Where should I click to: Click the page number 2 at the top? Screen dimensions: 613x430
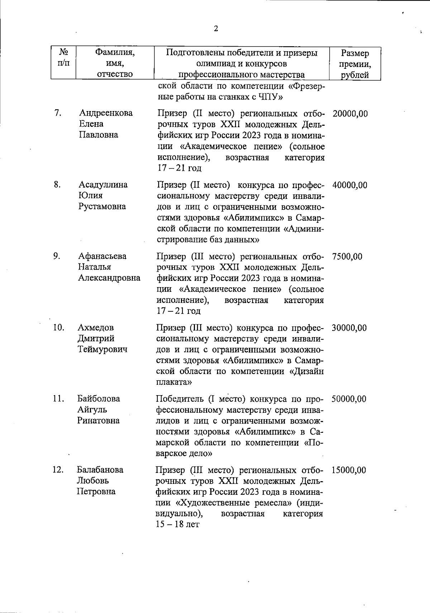216,29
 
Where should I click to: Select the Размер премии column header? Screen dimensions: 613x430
355,64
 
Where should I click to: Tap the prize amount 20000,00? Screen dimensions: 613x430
350,114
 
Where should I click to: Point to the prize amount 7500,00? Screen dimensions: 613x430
347,257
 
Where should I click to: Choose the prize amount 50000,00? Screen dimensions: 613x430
349,399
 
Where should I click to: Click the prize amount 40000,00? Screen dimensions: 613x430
350,186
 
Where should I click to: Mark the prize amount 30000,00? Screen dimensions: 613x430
349,328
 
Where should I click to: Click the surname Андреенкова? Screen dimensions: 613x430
106,113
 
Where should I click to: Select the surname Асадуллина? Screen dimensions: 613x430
103,185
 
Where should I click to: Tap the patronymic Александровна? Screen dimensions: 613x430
109,278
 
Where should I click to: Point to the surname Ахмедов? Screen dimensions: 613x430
96,327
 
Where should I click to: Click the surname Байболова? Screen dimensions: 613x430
99,399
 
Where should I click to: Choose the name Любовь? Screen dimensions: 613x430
92,480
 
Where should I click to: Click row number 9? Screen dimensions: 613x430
57,256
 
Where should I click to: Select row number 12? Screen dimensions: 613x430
58,470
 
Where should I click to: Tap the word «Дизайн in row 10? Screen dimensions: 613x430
306,372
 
